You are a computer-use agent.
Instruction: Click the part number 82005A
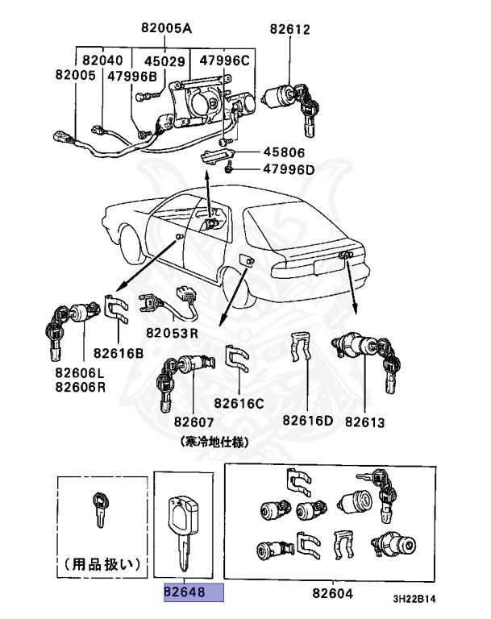(166, 29)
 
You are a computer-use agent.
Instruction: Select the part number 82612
(289, 30)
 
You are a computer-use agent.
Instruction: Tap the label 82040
(102, 60)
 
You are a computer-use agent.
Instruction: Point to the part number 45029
(164, 60)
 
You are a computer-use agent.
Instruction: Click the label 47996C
(225, 60)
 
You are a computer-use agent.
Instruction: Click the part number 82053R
(173, 333)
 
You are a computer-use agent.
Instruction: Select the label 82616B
(118, 352)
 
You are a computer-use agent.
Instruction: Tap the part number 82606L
(80, 373)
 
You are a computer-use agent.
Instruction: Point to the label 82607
(193, 422)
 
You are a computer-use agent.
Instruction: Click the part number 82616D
(308, 420)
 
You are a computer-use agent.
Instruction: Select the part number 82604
(334, 593)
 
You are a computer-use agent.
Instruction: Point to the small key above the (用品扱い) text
(100, 509)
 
